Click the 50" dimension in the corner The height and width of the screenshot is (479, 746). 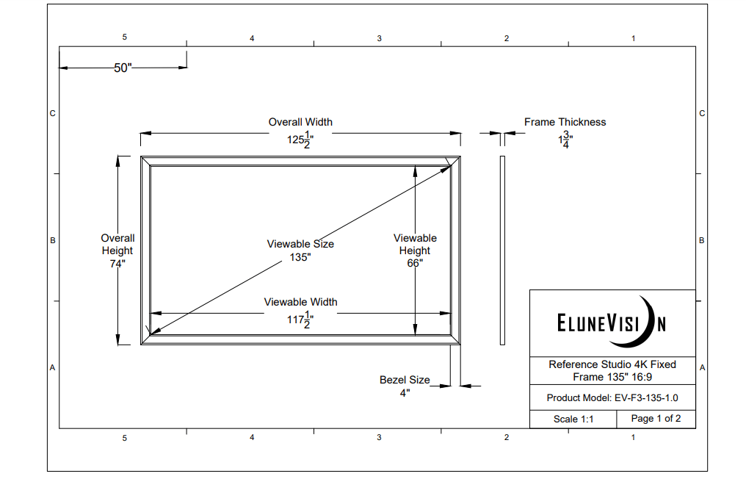[123, 68]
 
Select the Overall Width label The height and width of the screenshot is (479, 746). [300, 122]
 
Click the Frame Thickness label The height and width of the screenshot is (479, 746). [565, 122]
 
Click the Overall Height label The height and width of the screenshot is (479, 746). [117, 244]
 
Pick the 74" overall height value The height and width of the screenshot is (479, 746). [117, 264]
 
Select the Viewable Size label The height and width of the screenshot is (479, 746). [300, 244]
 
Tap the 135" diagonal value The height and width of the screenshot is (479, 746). [300, 257]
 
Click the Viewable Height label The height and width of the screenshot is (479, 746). [415, 244]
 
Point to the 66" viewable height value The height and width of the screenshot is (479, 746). [415, 264]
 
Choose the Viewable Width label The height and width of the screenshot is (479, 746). [300, 302]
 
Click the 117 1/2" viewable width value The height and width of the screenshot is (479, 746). [300, 320]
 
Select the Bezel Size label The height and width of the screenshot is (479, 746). [405, 380]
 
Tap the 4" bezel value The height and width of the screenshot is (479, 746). [405, 393]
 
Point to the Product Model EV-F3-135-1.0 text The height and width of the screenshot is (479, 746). [612, 397]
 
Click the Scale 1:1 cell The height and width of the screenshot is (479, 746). [573, 419]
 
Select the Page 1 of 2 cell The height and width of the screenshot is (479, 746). [656, 419]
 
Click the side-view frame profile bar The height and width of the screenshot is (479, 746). [502, 250]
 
